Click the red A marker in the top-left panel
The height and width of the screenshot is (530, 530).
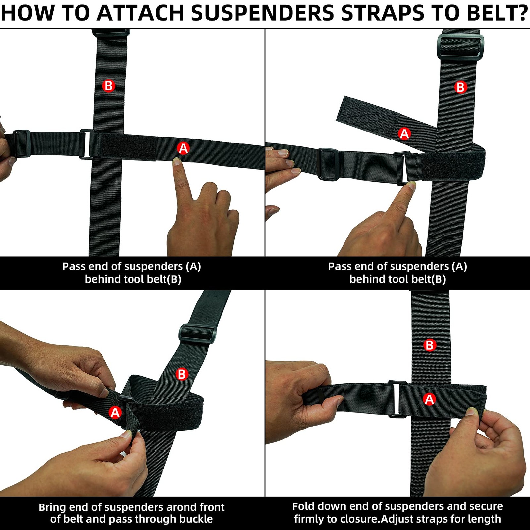183,148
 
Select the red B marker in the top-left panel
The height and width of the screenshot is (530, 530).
108,86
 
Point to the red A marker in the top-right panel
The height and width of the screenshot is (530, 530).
404,134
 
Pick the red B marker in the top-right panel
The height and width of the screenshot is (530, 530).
460,87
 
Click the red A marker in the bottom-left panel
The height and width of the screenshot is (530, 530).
115,413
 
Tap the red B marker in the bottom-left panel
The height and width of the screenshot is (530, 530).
182,374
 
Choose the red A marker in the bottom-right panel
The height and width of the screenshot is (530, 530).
429,399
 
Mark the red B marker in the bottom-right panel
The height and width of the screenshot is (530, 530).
430,345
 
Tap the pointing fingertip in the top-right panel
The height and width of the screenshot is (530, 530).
411,185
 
